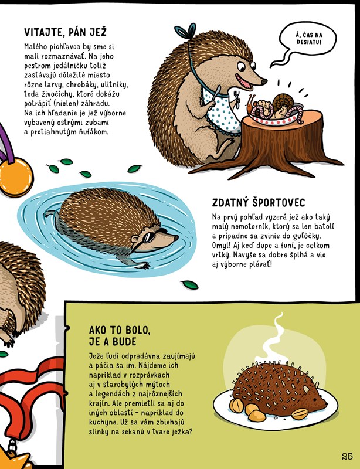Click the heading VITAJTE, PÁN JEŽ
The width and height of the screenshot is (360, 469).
coord(65,32)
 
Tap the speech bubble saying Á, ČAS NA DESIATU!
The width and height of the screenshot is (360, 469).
coord(308,38)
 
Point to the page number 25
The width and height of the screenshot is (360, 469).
coord(347,457)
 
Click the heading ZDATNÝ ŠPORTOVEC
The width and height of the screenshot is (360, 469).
coord(258,202)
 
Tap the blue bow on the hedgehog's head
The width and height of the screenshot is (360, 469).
coord(185,31)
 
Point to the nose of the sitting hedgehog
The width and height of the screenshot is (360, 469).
coord(264,81)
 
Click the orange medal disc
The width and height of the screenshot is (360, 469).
coord(16,177)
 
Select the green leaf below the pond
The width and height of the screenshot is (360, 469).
coord(189,285)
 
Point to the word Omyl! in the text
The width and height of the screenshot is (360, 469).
coord(220,246)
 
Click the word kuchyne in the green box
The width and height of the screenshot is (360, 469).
coord(100,422)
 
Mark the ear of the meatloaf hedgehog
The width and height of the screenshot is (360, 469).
coord(306,389)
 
